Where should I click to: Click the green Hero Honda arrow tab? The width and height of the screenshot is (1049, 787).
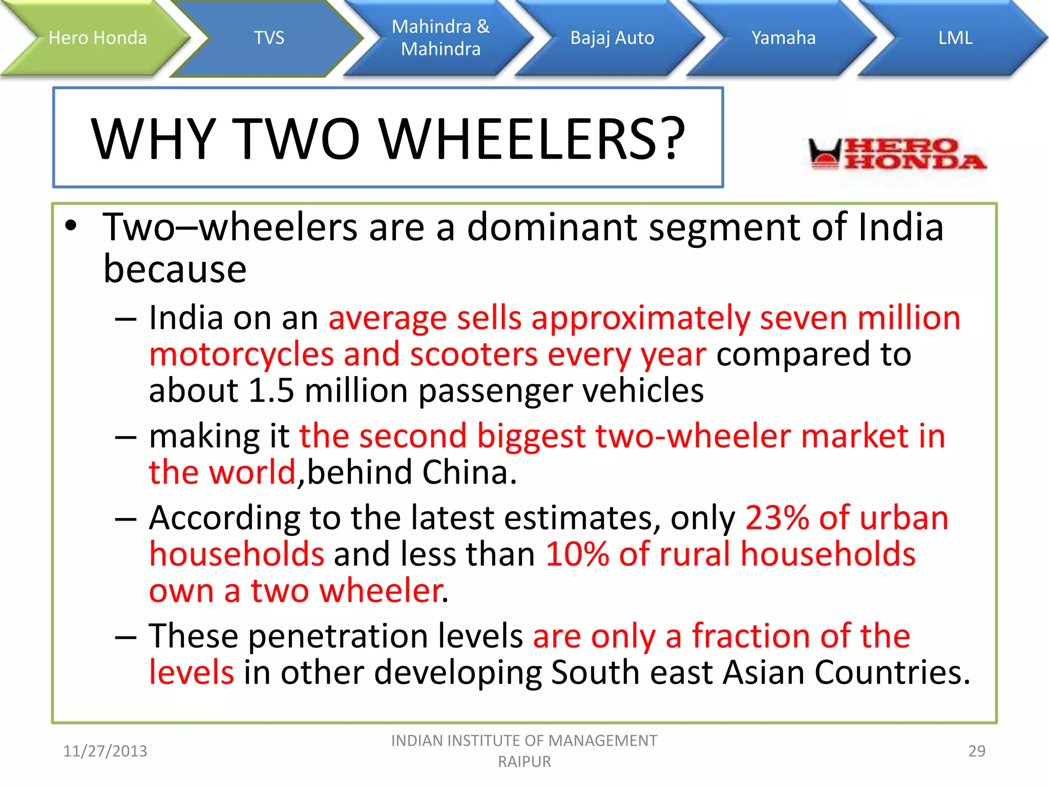point(97,38)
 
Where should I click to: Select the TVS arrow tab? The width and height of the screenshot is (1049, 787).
point(269,38)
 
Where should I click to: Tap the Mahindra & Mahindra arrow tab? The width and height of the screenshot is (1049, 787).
point(440,38)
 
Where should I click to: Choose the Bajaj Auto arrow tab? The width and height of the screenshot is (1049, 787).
point(612,38)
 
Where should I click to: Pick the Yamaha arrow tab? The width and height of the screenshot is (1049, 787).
point(783,38)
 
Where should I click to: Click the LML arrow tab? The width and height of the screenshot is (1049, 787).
point(955,38)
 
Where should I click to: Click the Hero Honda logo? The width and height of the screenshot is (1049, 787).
point(896,154)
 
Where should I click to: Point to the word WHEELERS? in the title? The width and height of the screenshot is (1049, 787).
point(533,139)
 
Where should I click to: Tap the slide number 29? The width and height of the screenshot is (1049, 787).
point(976,751)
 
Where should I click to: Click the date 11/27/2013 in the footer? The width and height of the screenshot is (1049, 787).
point(105,751)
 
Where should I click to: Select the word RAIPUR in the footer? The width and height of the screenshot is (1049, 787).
point(524,761)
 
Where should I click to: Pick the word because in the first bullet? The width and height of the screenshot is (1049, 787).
point(175,269)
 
